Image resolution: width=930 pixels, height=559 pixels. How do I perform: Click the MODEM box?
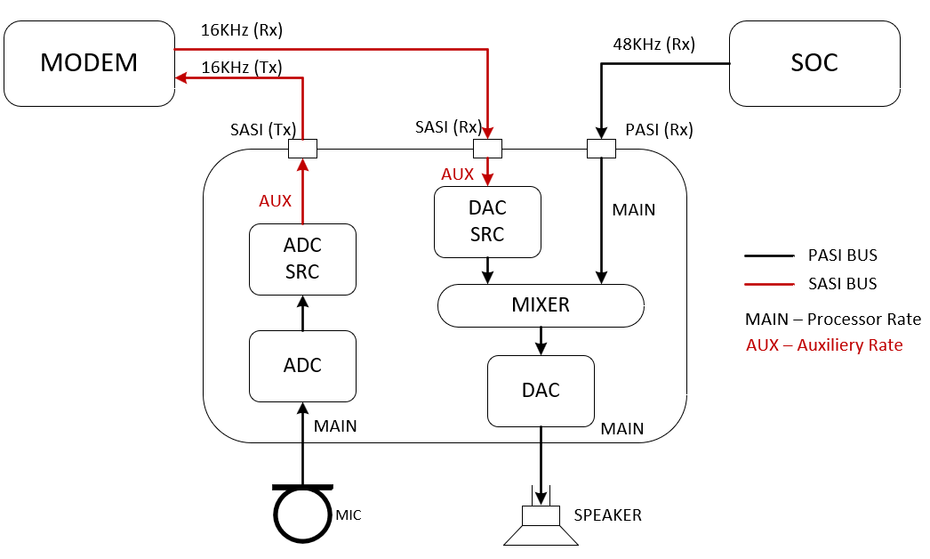[89, 63]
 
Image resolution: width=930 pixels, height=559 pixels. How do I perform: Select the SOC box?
[814, 63]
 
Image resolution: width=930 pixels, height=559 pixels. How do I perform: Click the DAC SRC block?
[487, 221]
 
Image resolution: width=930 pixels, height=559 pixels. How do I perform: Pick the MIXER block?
[541, 305]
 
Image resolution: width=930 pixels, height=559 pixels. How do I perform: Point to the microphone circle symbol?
[302, 514]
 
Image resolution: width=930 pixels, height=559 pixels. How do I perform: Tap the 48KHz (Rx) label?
[653, 44]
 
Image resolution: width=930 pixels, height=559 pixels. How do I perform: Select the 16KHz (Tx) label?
[242, 67]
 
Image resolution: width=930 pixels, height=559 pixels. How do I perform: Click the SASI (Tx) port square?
[303, 148]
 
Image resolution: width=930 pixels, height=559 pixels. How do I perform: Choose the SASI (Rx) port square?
[487, 148]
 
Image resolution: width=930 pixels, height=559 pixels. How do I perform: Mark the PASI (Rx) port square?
[602, 148]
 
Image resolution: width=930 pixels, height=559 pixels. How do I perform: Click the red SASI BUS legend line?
[768, 284]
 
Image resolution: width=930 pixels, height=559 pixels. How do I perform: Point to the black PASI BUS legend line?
[768, 255]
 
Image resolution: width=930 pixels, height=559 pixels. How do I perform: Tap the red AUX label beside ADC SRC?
[275, 201]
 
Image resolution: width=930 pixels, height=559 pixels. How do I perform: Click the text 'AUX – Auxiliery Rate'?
[824, 345]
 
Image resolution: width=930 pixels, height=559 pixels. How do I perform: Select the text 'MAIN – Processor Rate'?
[832, 319]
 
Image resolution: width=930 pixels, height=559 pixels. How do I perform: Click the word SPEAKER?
[607, 515]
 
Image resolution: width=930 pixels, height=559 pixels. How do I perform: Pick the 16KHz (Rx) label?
[242, 30]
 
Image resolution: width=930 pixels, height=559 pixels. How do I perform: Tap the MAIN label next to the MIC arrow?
[335, 426]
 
